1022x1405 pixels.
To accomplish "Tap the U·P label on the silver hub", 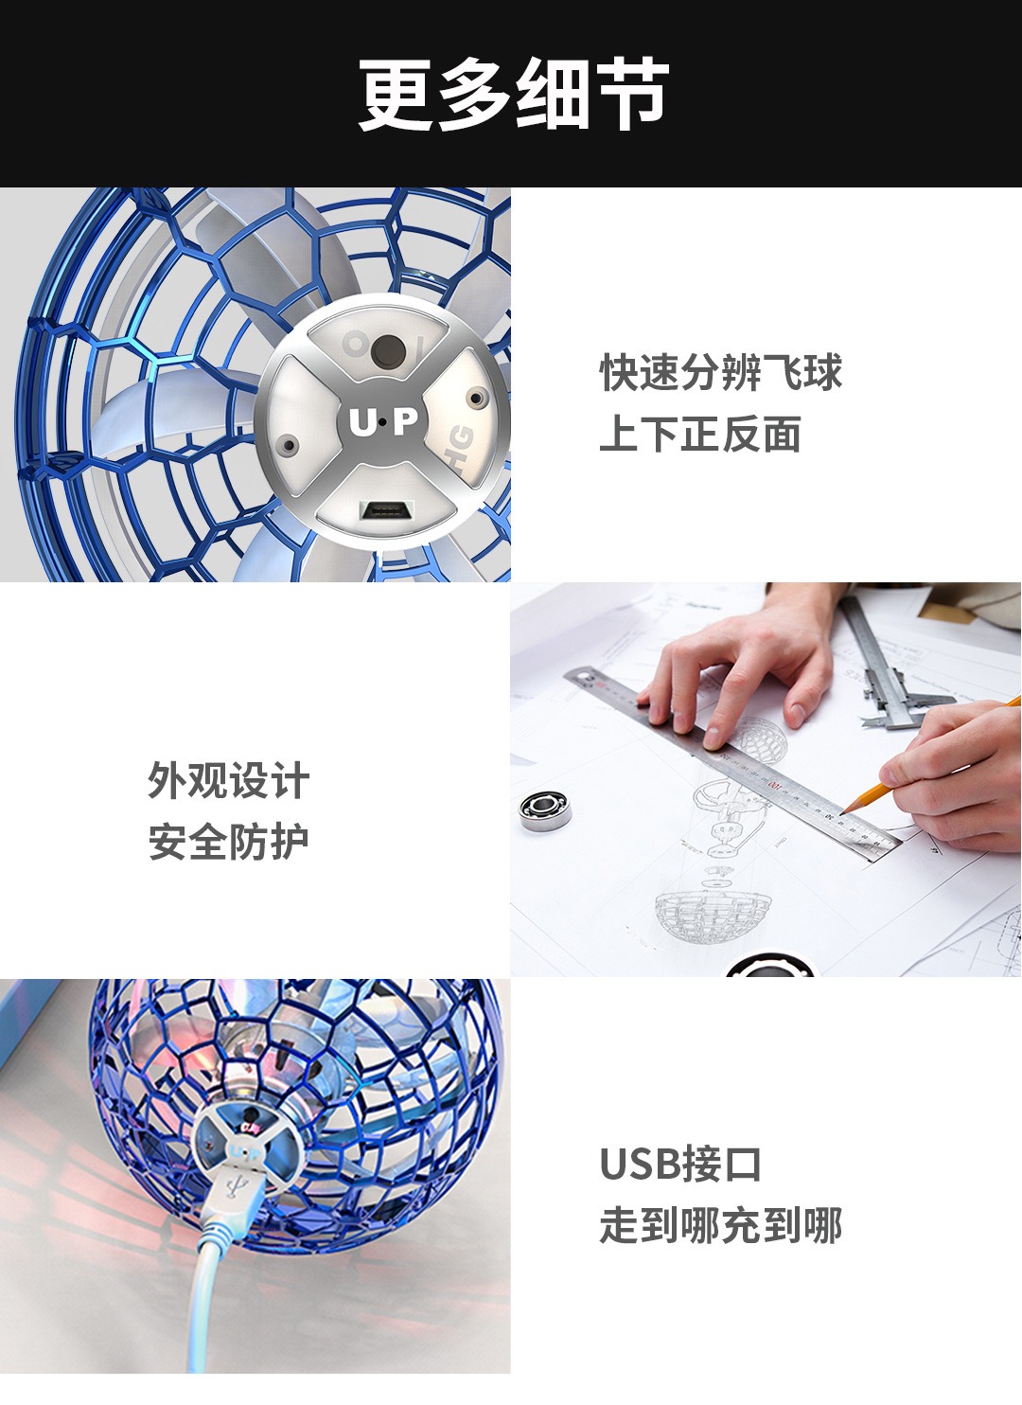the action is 383,421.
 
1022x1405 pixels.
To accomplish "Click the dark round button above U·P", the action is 387,351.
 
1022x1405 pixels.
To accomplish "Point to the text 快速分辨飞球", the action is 720,372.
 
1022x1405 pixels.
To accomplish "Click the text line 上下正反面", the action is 699,434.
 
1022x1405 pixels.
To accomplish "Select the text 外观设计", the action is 228,780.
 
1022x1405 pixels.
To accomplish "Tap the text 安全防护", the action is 228,842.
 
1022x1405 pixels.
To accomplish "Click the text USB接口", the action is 680,1165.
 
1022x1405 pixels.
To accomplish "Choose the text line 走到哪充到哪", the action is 720,1226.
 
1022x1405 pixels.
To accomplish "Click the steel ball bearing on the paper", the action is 545,810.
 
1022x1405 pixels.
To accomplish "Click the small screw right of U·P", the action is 477,397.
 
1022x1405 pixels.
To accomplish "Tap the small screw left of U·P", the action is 289,445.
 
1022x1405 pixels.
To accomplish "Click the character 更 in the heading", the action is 396,94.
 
